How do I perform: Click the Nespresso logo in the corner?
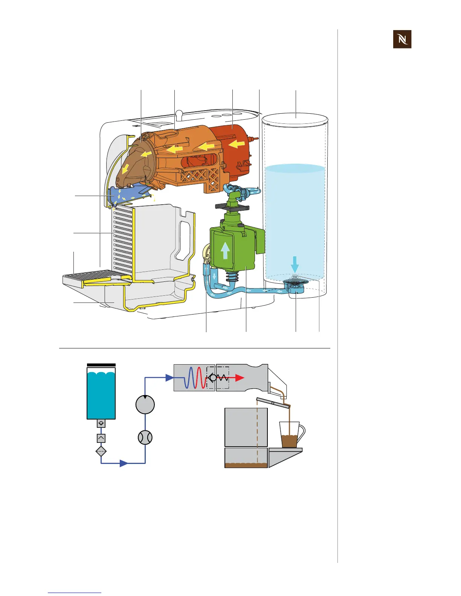(402, 39)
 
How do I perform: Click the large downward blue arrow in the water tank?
(295, 263)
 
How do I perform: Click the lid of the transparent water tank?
(295, 118)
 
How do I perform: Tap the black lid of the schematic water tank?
(101, 365)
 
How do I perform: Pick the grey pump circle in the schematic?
(145, 404)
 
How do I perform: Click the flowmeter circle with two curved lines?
(145, 438)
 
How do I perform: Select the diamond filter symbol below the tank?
(101, 451)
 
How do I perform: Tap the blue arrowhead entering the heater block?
(169, 378)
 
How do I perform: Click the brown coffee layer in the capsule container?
(246, 465)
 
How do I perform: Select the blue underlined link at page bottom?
(75, 593)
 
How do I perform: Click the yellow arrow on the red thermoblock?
(237, 143)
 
